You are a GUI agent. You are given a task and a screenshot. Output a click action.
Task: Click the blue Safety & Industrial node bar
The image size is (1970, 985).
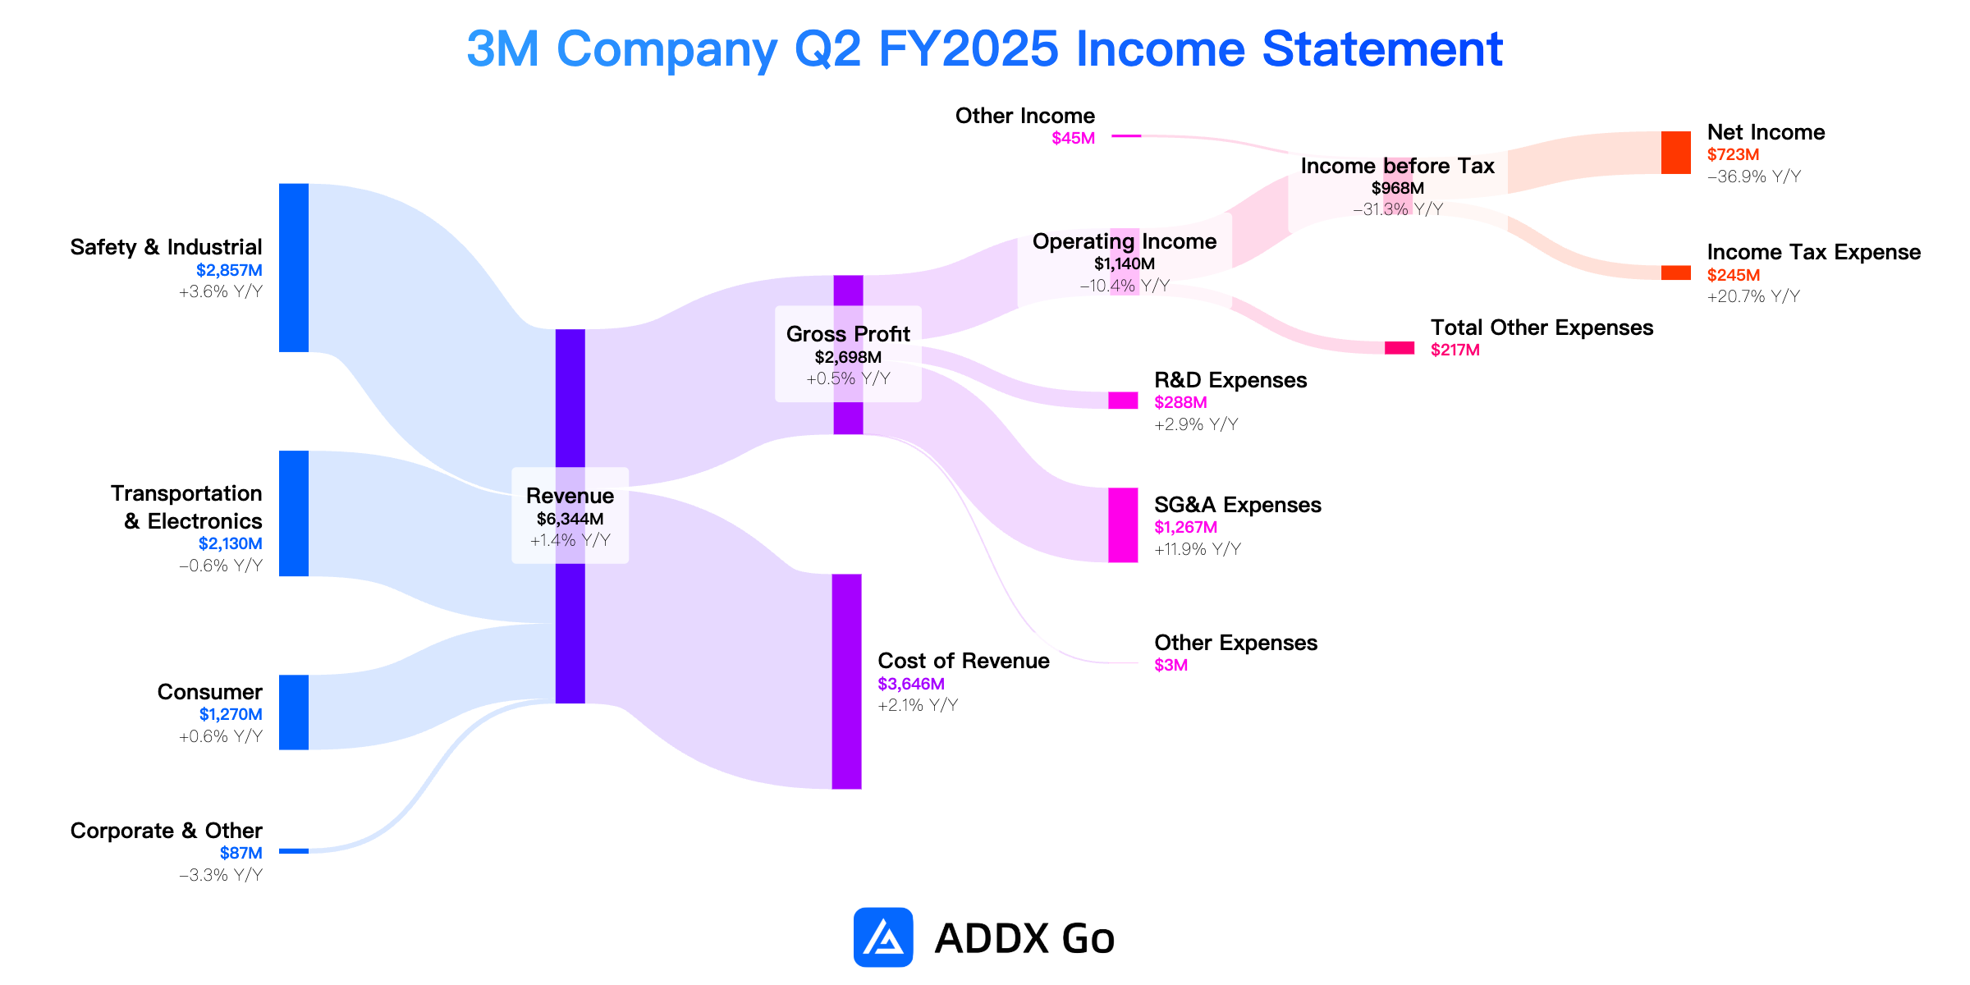click(294, 268)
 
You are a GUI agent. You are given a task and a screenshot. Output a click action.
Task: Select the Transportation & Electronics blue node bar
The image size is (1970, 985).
click(294, 513)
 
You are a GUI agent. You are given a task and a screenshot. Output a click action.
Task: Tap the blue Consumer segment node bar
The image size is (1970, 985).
click(294, 712)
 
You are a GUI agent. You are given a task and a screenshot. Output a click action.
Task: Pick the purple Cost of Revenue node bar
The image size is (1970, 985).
click(847, 681)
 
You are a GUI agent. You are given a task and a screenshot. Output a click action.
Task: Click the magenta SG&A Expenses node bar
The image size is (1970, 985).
click(1123, 525)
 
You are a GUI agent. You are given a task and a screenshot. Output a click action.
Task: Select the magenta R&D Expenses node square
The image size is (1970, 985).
click(1123, 400)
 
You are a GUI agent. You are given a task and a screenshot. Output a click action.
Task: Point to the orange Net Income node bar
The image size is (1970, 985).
click(1676, 153)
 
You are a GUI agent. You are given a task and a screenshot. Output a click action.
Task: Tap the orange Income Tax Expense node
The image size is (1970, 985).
click(1676, 273)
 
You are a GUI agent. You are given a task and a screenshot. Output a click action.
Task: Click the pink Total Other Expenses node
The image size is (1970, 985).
click(1400, 348)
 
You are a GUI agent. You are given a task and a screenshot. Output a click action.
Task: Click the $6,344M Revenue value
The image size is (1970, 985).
click(570, 519)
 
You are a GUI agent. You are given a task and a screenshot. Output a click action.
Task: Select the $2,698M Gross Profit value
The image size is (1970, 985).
click(848, 357)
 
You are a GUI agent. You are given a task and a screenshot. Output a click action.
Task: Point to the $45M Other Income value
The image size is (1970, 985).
click(1073, 138)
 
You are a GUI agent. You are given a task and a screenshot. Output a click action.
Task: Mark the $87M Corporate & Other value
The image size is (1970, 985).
click(241, 853)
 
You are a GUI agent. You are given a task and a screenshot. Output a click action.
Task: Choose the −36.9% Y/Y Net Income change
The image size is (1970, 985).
click(1754, 176)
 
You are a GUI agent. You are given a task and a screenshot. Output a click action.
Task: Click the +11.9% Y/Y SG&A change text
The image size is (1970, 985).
click(1198, 549)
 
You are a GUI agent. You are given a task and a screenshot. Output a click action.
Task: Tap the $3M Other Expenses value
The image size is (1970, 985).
click(1171, 665)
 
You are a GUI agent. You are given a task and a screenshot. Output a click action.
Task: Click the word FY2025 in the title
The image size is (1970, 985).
click(969, 48)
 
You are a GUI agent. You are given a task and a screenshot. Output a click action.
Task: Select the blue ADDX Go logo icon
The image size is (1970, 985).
click(883, 937)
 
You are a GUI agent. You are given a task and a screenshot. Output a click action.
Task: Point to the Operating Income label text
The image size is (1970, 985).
click(1125, 241)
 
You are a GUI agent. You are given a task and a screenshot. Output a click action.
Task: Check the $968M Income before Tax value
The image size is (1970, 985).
click(1398, 188)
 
